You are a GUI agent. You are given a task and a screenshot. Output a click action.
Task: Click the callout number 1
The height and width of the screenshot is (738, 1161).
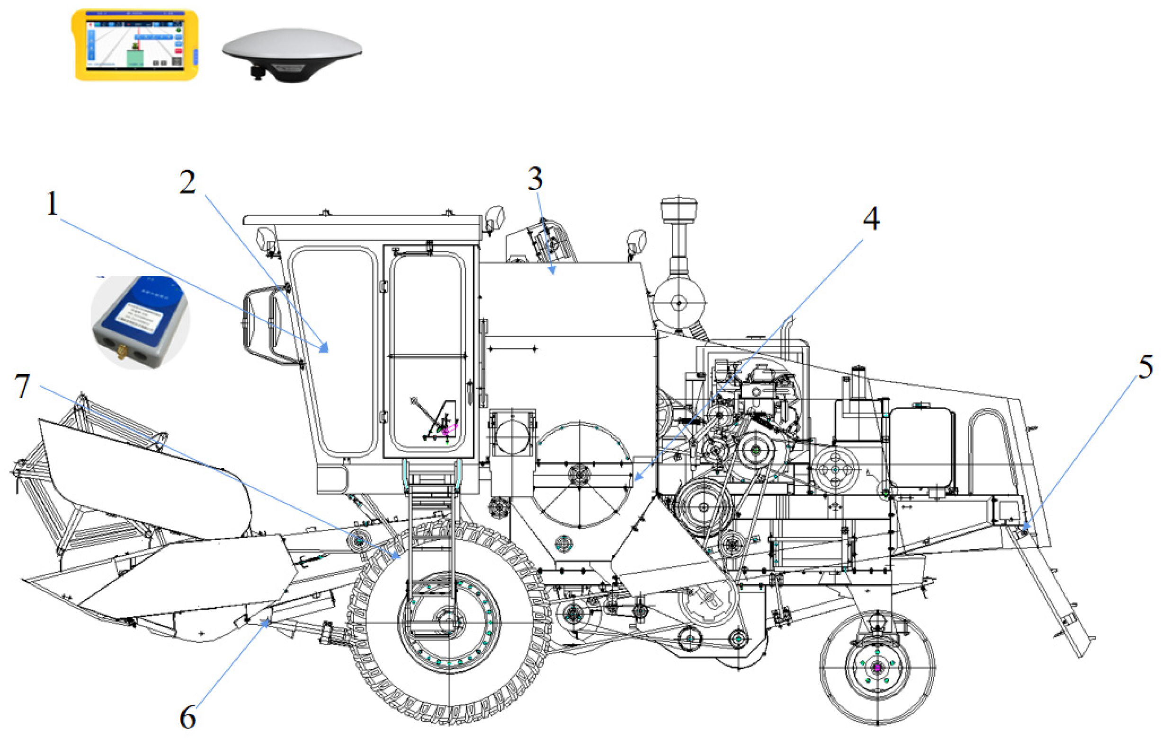(x=53, y=204)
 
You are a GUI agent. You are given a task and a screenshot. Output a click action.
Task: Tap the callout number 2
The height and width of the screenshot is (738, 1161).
(x=188, y=183)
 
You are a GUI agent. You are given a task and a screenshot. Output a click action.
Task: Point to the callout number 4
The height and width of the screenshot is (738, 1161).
(x=871, y=219)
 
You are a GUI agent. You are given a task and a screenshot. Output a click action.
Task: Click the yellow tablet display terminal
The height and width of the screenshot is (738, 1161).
(x=134, y=45)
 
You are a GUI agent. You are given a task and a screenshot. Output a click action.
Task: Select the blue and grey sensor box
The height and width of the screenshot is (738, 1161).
(x=140, y=322)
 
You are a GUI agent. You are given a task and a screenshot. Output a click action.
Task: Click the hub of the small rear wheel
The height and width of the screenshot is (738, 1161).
(x=877, y=667)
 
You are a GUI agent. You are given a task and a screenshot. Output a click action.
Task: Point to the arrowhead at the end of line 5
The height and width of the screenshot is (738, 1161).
(x=1023, y=531)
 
